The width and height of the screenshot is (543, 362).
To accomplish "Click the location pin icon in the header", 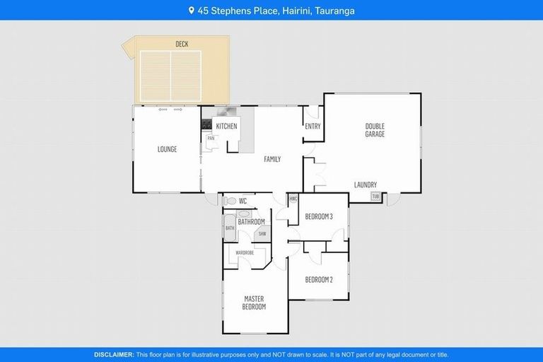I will click(x=191, y=11).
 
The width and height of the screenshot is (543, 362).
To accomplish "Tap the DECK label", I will click(x=182, y=45).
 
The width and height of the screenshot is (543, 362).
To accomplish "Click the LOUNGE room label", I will click(x=167, y=149).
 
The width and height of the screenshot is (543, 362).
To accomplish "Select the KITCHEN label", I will click(x=226, y=126).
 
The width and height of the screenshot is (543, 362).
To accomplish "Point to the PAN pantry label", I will click(x=210, y=139).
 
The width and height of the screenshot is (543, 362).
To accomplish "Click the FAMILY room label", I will click(x=272, y=159).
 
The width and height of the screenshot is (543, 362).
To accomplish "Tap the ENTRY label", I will click(x=313, y=127).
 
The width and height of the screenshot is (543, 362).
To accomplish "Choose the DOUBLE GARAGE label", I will click(x=375, y=130).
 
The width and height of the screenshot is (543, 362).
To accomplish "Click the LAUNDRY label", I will click(x=366, y=185).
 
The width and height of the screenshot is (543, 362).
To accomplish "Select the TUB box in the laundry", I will click(x=375, y=196).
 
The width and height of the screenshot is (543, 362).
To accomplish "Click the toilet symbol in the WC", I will click(x=230, y=202).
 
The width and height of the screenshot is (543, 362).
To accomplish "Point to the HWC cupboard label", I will click(x=293, y=199).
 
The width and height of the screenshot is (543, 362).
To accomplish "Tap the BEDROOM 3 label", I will click(x=318, y=216).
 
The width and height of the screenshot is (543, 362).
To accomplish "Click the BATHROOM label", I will click(x=251, y=222).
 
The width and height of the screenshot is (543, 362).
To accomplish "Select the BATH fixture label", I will click(x=230, y=228).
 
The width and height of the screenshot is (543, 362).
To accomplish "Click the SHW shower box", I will click(x=262, y=233).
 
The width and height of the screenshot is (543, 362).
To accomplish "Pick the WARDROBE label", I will click(x=245, y=252).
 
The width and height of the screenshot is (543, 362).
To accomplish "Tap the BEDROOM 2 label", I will click(x=318, y=280).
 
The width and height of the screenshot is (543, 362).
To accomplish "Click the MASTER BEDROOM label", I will click(x=255, y=303).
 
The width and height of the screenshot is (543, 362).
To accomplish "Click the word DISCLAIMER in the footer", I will click(x=114, y=354).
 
